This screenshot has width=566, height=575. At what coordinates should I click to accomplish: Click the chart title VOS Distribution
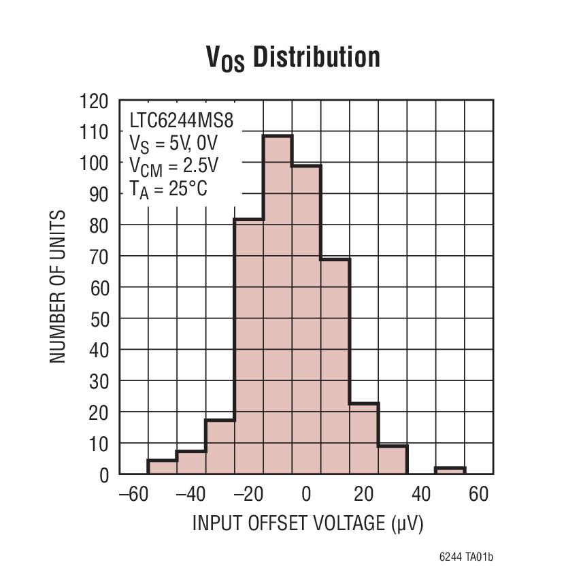pyautogui.click(x=293, y=59)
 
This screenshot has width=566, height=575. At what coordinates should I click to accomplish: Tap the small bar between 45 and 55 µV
pyautogui.click(x=450, y=470)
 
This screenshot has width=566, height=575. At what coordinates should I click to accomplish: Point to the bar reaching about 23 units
pyautogui.click(x=364, y=438)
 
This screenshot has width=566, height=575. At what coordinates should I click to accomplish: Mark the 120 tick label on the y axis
pyautogui.click(x=95, y=102)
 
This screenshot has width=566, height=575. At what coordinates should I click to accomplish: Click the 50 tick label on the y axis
pyautogui.click(x=99, y=318)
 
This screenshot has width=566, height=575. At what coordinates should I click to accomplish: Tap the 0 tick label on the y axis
pyautogui.click(x=104, y=474)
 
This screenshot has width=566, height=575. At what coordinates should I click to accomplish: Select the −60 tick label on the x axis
pyautogui.click(x=133, y=494)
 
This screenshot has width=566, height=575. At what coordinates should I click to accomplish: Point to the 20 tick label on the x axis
pyautogui.click(x=363, y=494)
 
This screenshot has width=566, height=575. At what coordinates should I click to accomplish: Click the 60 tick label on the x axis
pyautogui.click(x=479, y=494)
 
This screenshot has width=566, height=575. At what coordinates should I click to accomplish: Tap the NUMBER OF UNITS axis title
pyautogui.click(x=59, y=286)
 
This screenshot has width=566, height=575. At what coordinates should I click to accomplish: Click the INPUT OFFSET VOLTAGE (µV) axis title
pyautogui.click(x=307, y=523)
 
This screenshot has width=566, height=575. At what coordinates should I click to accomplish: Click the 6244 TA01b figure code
pyautogui.click(x=466, y=557)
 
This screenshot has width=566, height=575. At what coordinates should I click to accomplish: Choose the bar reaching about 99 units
pyautogui.click(x=306, y=320)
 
